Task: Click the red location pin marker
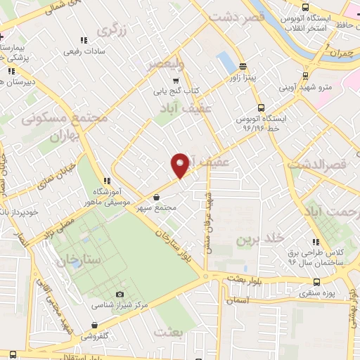pos(181,165)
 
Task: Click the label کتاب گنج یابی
pos(177,91)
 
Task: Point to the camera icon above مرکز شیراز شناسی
pos(119,294)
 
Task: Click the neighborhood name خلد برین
pos(252,239)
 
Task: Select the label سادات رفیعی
pos(84,51)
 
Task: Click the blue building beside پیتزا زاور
pos(226,61)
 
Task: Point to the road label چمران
pos(342,53)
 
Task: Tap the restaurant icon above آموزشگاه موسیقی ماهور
pos(105,180)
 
